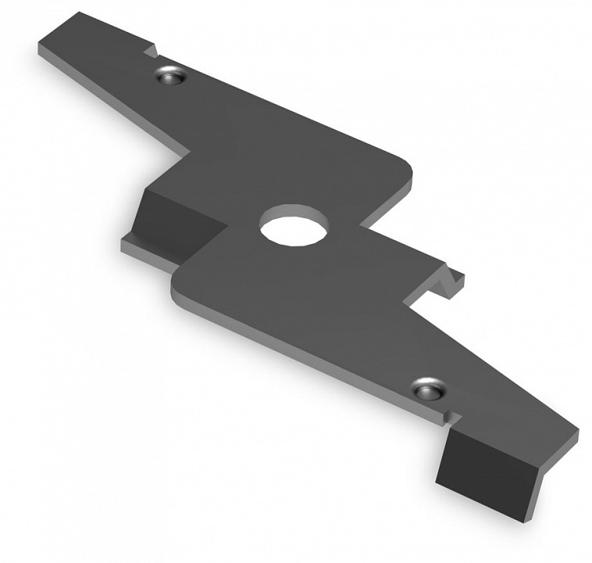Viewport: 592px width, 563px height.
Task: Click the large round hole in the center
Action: [x=294, y=225]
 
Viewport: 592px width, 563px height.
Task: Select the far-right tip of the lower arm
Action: [x=576, y=432]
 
